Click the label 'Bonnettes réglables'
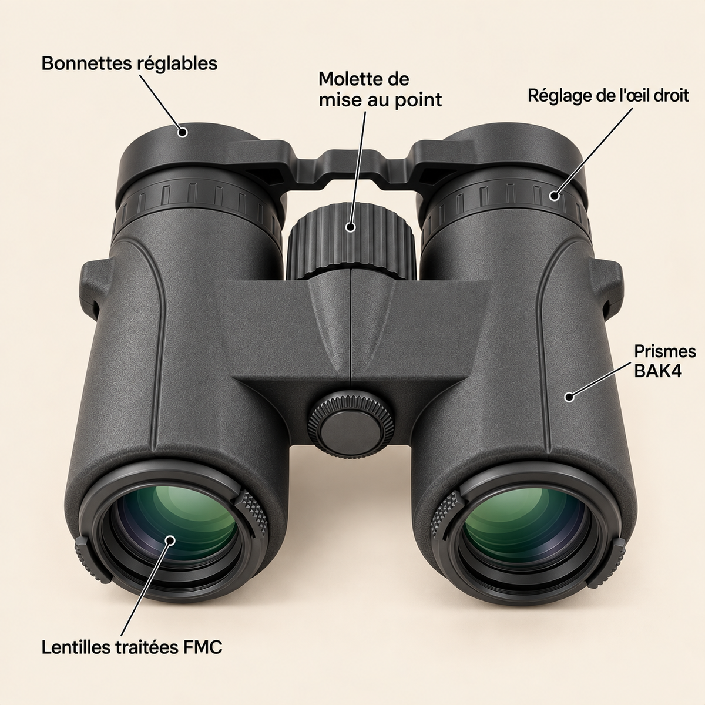[129, 63]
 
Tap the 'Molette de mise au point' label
[380, 90]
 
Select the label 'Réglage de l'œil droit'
[608, 96]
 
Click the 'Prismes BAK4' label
[664, 361]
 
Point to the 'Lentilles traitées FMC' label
[132, 647]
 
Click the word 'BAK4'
[658, 371]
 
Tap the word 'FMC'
[202, 647]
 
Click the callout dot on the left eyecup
[182, 132]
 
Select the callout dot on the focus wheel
[350, 227]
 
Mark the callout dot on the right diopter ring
[555, 196]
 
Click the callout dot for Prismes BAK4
[569, 397]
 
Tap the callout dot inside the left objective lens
[170, 540]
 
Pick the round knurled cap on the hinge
[351, 424]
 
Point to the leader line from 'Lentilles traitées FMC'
[146, 589]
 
